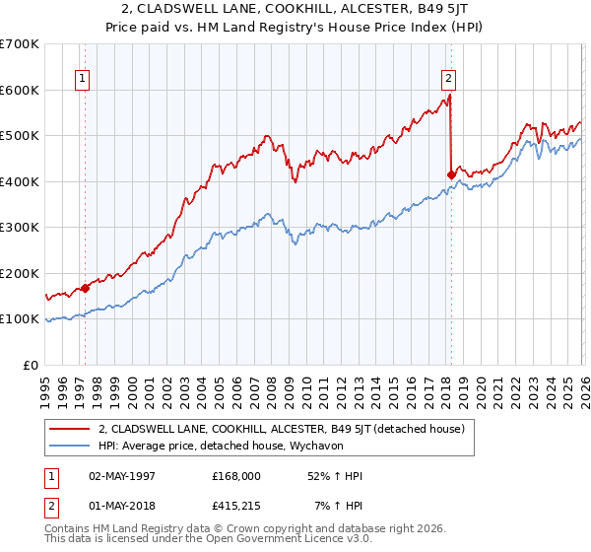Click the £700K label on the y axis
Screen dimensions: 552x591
(19, 44)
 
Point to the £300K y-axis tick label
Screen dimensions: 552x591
(19, 228)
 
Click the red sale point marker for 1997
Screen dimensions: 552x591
(85, 288)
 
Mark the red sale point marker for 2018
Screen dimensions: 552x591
(451, 174)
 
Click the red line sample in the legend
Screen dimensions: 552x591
(70, 429)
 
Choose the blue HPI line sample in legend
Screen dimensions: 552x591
(70, 446)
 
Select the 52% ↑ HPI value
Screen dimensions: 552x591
(333, 476)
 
